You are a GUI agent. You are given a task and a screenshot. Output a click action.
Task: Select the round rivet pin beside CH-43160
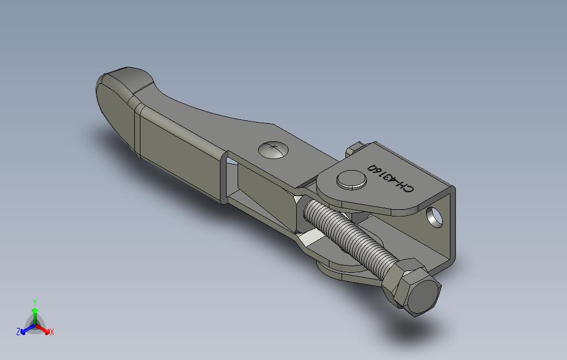coord(351,179)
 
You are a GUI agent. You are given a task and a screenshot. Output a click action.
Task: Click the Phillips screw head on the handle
coord(274,150)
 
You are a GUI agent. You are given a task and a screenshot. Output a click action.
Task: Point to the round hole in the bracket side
coord(434,217)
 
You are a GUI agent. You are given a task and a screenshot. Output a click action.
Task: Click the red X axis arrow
coord(42,329)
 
